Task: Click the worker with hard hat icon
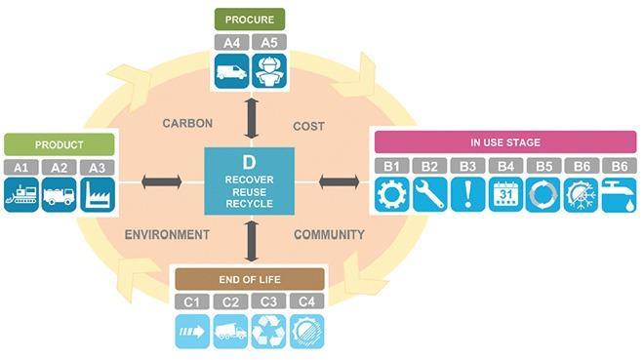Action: (267, 72)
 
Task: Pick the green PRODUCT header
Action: (60, 144)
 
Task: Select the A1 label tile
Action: (20, 167)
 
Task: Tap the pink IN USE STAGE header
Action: (505, 142)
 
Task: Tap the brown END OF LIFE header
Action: (249, 277)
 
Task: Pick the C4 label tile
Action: (305, 300)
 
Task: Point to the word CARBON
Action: (186, 124)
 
